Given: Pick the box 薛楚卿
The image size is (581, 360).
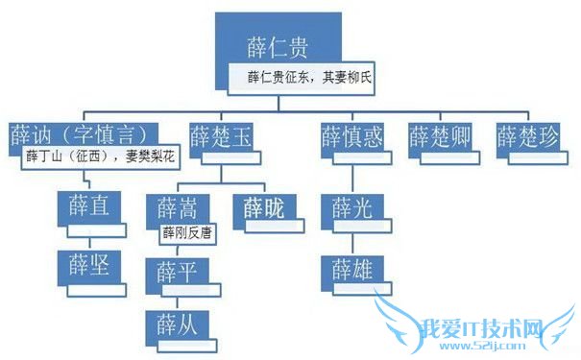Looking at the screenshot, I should (443, 136).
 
